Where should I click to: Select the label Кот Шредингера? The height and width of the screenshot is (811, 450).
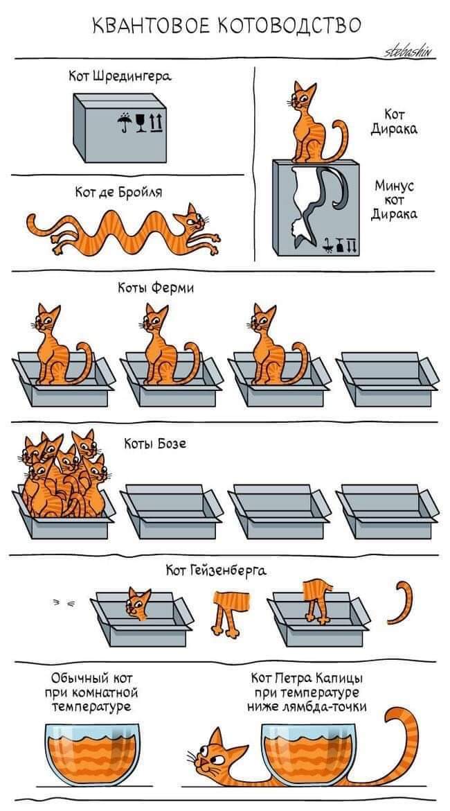(x=120, y=76)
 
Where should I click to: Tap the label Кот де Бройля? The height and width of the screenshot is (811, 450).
(x=119, y=193)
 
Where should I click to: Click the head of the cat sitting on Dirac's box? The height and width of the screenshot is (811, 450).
(x=304, y=97)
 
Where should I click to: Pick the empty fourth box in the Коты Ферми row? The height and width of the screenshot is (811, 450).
(x=388, y=378)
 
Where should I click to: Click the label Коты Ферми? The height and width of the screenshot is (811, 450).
(x=156, y=288)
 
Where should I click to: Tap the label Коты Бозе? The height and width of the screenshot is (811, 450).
(x=155, y=444)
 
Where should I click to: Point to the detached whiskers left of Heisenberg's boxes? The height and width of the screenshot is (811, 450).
(x=64, y=602)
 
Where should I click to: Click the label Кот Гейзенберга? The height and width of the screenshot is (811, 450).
(x=216, y=570)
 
